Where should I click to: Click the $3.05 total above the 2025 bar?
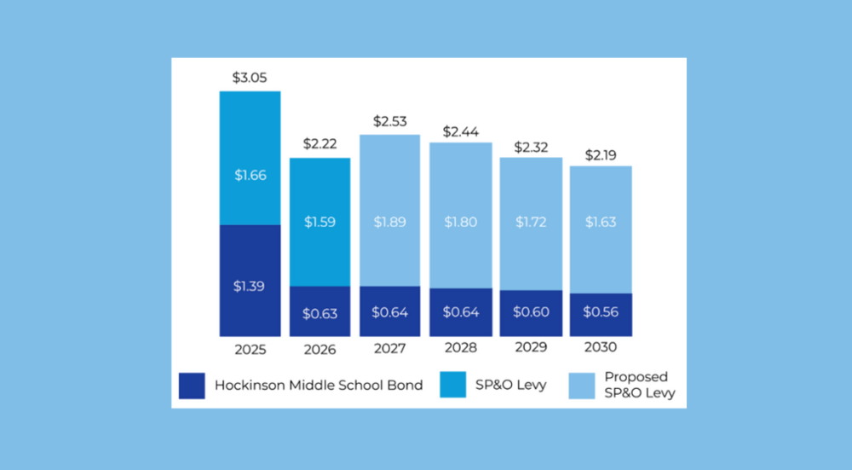click(x=250, y=78)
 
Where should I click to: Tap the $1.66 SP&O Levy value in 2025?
click(x=250, y=176)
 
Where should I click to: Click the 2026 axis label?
click(x=319, y=350)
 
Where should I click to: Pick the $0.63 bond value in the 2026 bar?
click(x=319, y=313)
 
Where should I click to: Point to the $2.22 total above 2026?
click(x=319, y=144)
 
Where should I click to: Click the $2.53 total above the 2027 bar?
click(x=389, y=121)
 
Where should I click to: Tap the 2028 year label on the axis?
click(x=460, y=349)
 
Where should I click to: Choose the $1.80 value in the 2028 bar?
click(x=460, y=222)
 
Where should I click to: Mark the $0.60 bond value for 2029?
click(x=530, y=312)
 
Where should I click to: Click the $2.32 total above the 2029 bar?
click(x=530, y=147)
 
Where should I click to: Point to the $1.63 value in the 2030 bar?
click(x=601, y=222)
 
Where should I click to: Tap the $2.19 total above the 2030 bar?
click(x=601, y=155)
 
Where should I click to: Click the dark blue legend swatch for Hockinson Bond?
click(x=193, y=385)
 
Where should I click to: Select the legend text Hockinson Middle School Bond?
click(x=318, y=385)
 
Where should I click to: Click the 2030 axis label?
click(x=601, y=347)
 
